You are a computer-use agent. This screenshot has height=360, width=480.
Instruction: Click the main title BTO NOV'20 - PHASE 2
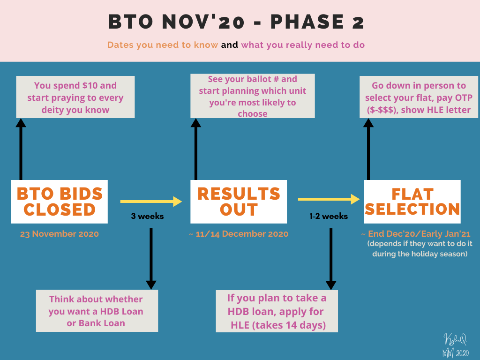tap(236, 22)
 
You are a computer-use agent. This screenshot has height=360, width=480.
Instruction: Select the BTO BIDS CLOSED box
tap(60, 202)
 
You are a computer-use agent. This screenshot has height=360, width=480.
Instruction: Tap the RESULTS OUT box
tap(239, 202)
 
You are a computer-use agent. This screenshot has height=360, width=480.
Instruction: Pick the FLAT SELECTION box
tap(412, 202)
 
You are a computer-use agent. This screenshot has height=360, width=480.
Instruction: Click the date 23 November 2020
tap(60, 234)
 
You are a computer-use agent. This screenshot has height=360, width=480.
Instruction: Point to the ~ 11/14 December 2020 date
tap(239, 234)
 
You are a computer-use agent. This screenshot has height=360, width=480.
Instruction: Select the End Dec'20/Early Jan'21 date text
tap(416, 234)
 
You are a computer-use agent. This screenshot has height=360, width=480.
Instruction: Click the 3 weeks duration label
tap(147, 216)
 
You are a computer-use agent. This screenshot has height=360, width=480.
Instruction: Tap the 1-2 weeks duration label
tap(329, 216)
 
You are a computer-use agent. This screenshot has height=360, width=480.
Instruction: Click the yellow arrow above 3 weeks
tap(151, 202)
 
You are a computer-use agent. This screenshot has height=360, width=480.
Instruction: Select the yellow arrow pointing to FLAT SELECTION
tap(329, 199)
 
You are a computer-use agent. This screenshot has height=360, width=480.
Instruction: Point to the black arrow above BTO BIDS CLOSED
tap(21, 150)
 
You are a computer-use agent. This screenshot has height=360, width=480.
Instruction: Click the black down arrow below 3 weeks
tap(151, 258)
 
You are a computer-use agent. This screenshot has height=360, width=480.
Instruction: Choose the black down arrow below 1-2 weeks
tap(331, 259)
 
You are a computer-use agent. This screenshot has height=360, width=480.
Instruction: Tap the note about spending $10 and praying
tap(75, 97)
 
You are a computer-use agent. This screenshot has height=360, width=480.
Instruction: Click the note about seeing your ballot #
tap(253, 96)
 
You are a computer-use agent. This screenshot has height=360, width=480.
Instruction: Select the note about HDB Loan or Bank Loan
tap(97, 311)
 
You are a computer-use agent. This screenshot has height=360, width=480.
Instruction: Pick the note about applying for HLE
tap(277, 311)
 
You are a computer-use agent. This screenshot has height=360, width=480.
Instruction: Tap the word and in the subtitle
tap(230, 45)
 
